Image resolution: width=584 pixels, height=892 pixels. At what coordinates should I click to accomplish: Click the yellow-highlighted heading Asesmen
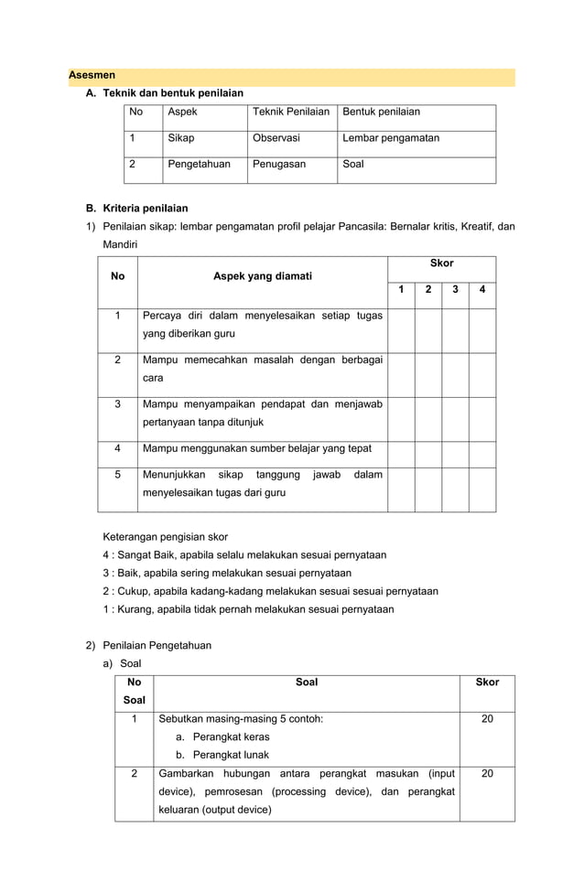(x=92, y=75)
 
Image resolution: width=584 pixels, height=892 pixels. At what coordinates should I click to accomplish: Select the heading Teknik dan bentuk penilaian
(x=173, y=92)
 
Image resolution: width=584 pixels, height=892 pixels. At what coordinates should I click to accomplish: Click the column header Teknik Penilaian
(x=291, y=112)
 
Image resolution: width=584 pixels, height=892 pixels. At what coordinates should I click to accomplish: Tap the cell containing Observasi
(x=276, y=138)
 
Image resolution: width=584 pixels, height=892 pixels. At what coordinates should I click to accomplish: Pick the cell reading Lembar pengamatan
(x=391, y=138)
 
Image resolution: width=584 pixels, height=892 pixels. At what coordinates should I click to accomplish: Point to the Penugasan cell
(x=279, y=165)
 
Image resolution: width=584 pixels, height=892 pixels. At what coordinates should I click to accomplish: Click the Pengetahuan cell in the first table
(x=200, y=165)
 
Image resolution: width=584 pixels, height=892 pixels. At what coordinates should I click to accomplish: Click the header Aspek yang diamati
(x=262, y=275)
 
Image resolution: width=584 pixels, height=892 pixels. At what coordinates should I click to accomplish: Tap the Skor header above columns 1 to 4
(x=441, y=263)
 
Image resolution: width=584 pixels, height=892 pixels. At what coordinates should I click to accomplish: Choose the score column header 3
(x=455, y=290)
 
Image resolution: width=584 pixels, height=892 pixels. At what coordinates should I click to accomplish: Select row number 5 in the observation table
(x=117, y=474)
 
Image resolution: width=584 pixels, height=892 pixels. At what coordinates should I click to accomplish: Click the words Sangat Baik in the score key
(x=145, y=554)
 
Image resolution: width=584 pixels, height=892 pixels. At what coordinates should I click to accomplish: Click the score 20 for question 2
(x=487, y=773)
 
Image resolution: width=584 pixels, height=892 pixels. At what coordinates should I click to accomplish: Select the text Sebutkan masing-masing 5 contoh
(x=240, y=719)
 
